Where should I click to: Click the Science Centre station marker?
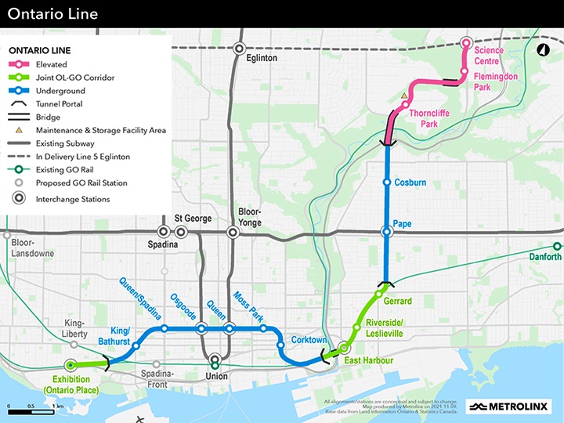(466, 43)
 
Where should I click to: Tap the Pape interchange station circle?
(386, 232)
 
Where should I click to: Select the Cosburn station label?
(410, 183)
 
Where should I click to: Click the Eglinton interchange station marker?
(240, 49)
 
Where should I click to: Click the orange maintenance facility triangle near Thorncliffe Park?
(404, 96)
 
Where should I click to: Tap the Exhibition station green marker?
(70, 365)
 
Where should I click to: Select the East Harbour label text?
(369, 361)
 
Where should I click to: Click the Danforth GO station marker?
(556, 245)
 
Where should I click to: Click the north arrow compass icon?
(541, 49)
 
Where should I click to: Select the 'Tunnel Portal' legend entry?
(59, 103)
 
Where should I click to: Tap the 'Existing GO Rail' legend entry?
(66, 170)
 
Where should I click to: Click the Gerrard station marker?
(378, 295)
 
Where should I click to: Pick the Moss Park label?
(248, 308)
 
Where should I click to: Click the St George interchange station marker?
(181, 232)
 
